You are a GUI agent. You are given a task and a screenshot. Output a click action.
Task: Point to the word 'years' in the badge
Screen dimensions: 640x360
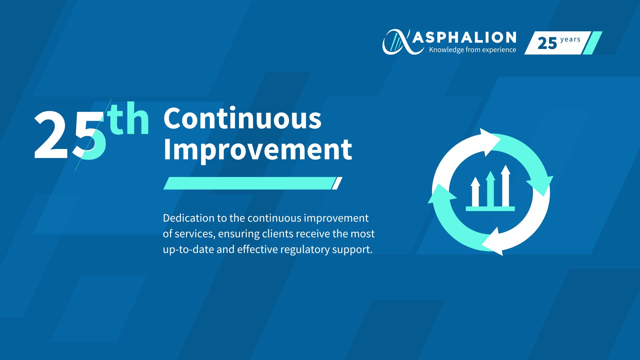click(570, 40)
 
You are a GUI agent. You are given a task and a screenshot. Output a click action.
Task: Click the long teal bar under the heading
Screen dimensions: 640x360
click(249, 183)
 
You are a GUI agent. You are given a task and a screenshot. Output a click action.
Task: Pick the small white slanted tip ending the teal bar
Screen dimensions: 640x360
click(337, 183)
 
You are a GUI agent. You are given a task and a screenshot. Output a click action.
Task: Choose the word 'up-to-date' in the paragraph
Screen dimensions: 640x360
click(188, 249)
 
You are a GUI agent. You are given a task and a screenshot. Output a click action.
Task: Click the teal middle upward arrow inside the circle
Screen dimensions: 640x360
click(490, 189)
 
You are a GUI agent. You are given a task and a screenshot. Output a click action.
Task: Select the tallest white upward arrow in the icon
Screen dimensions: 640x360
click(506, 186)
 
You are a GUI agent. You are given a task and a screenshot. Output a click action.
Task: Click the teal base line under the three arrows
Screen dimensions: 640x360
click(490, 209)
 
